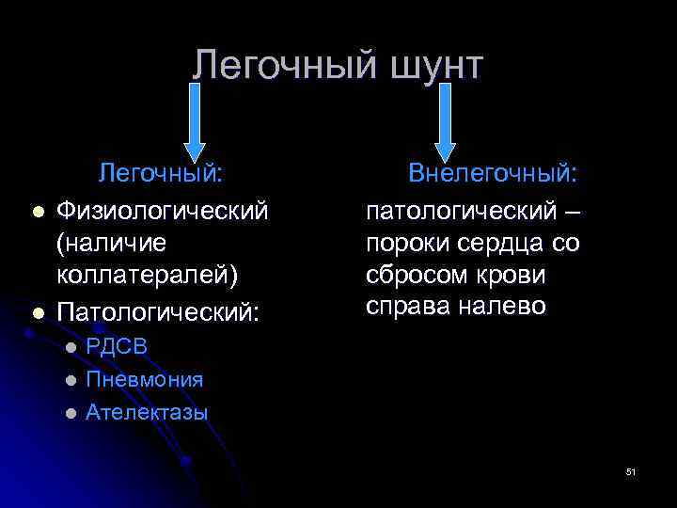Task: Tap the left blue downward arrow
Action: point(195,120)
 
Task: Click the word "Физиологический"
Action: point(163,208)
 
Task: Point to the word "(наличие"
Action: point(111,243)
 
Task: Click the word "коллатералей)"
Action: point(148,277)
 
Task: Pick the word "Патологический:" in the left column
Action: point(157,311)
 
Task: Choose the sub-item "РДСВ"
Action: point(117,346)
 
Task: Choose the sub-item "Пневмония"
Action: point(144,379)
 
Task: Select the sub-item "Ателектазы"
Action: point(147,412)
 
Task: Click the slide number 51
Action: point(631,472)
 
